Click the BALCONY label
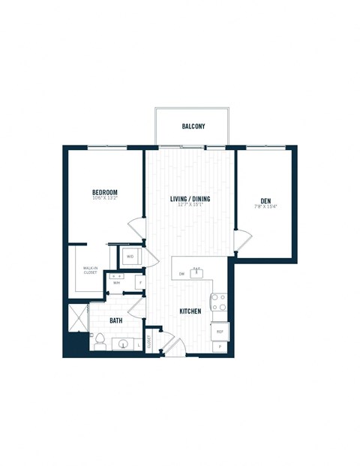(x=193, y=127)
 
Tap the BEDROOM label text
(x=104, y=193)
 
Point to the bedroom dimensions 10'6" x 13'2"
(x=104, y=199)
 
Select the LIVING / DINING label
(x=190, y=198)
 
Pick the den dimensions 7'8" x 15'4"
(x=266, y=206)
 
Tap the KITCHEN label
(x=190, y=311)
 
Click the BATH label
(x=115, y=320)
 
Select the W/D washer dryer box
(x=130, y=257)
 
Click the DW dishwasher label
(x=182, y=274)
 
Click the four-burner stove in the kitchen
(x=219, y=302)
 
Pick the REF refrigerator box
(x=220, y=331)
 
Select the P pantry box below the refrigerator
(x=220, y=347)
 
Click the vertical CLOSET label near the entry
(x=149, y=342)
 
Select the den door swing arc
(x=241, y=239)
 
